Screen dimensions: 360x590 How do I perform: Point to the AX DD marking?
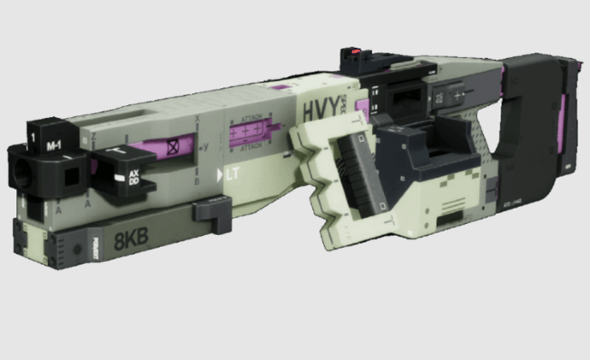pyautogui.click(x=133, y=177)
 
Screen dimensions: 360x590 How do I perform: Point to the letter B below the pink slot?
pyautogui.click(x=198, y=180)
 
